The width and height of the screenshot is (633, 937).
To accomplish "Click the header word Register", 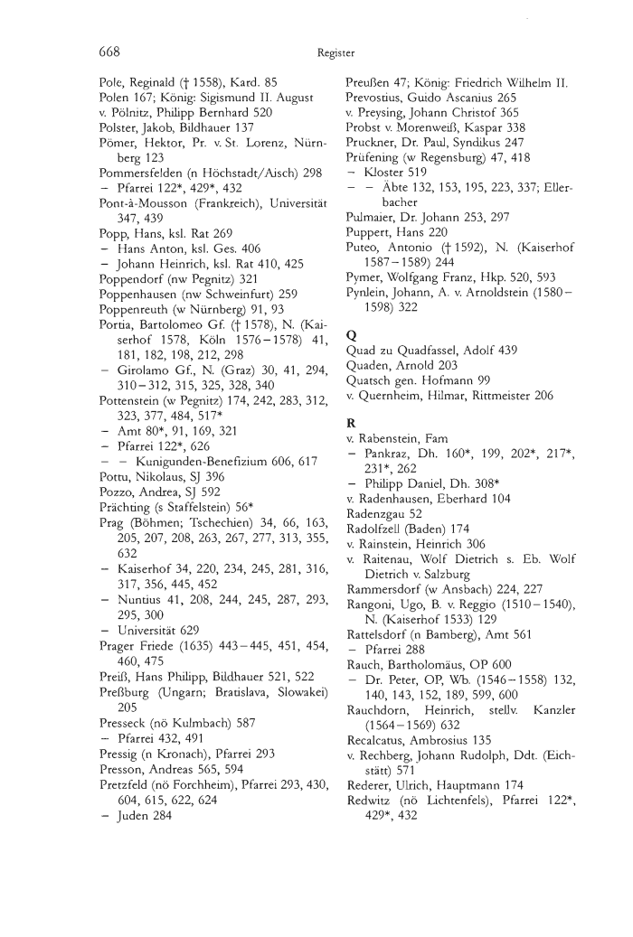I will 335,53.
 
